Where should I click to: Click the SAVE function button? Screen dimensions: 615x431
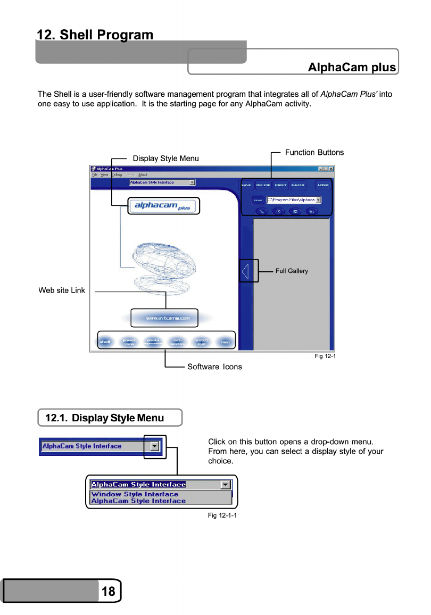click(x=246, y=185)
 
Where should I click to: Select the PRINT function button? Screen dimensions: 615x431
click(x=280, y=185)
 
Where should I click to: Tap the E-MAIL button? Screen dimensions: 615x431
click(x=297, y=185)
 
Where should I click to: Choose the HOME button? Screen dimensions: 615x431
click(x=323, y=185)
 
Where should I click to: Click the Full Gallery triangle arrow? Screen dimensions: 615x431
click(x=245, y=271)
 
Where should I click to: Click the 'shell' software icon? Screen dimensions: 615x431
click(x=105, y=342)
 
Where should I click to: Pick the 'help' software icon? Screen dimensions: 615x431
click(x=226, y=342)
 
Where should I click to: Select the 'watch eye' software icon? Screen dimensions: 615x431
click(x=201, y=342)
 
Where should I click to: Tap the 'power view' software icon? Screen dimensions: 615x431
click(x=129, y=342)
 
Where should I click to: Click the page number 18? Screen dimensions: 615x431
click(x=108, y=592)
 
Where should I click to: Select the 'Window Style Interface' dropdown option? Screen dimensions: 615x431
click(x=135, y=494)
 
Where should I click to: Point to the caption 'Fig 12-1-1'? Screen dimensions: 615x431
click(x=222, y=516)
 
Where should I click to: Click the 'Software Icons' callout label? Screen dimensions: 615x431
click(x=214, y=367)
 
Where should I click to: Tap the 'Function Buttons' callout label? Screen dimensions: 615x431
click(x=314, y=153)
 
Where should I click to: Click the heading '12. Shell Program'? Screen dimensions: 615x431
click(x=95, y=35)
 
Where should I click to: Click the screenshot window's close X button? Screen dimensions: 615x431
click(x=331, y=169)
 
